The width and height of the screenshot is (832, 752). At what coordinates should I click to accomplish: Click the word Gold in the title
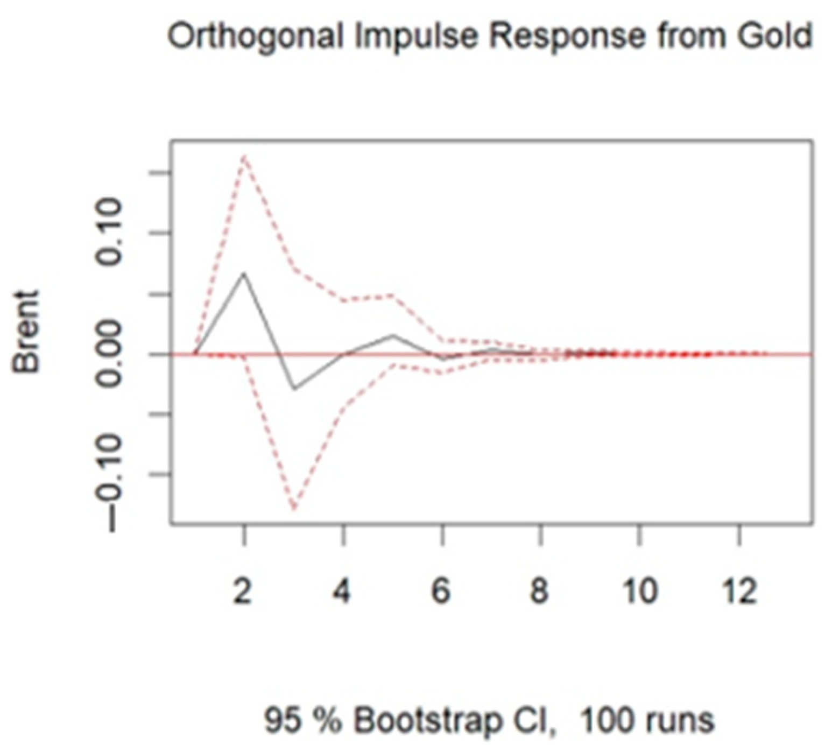tap(776, 37)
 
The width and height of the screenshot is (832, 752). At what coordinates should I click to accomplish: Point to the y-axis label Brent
tap(27, 332)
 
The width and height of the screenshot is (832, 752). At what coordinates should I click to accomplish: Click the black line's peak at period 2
tap(244, 273)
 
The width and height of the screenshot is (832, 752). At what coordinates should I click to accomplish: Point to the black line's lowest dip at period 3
tap(294, 389)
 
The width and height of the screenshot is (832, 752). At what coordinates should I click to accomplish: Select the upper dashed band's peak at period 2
tap(244, 156)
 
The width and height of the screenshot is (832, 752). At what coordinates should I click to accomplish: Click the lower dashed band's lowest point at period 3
tap(294, 509)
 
